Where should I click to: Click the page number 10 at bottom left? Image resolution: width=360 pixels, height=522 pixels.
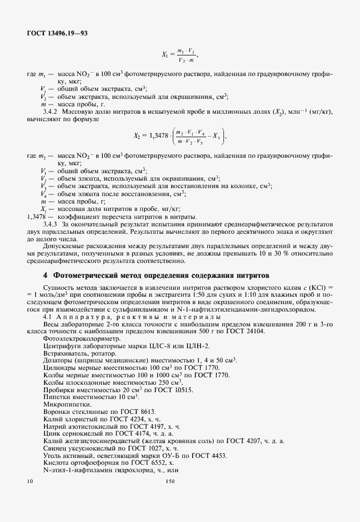tap(30, 482)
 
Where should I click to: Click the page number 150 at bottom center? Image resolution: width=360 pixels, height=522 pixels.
tap(169, 482)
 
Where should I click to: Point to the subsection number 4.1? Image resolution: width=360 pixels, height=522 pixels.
tap(47, 316)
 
